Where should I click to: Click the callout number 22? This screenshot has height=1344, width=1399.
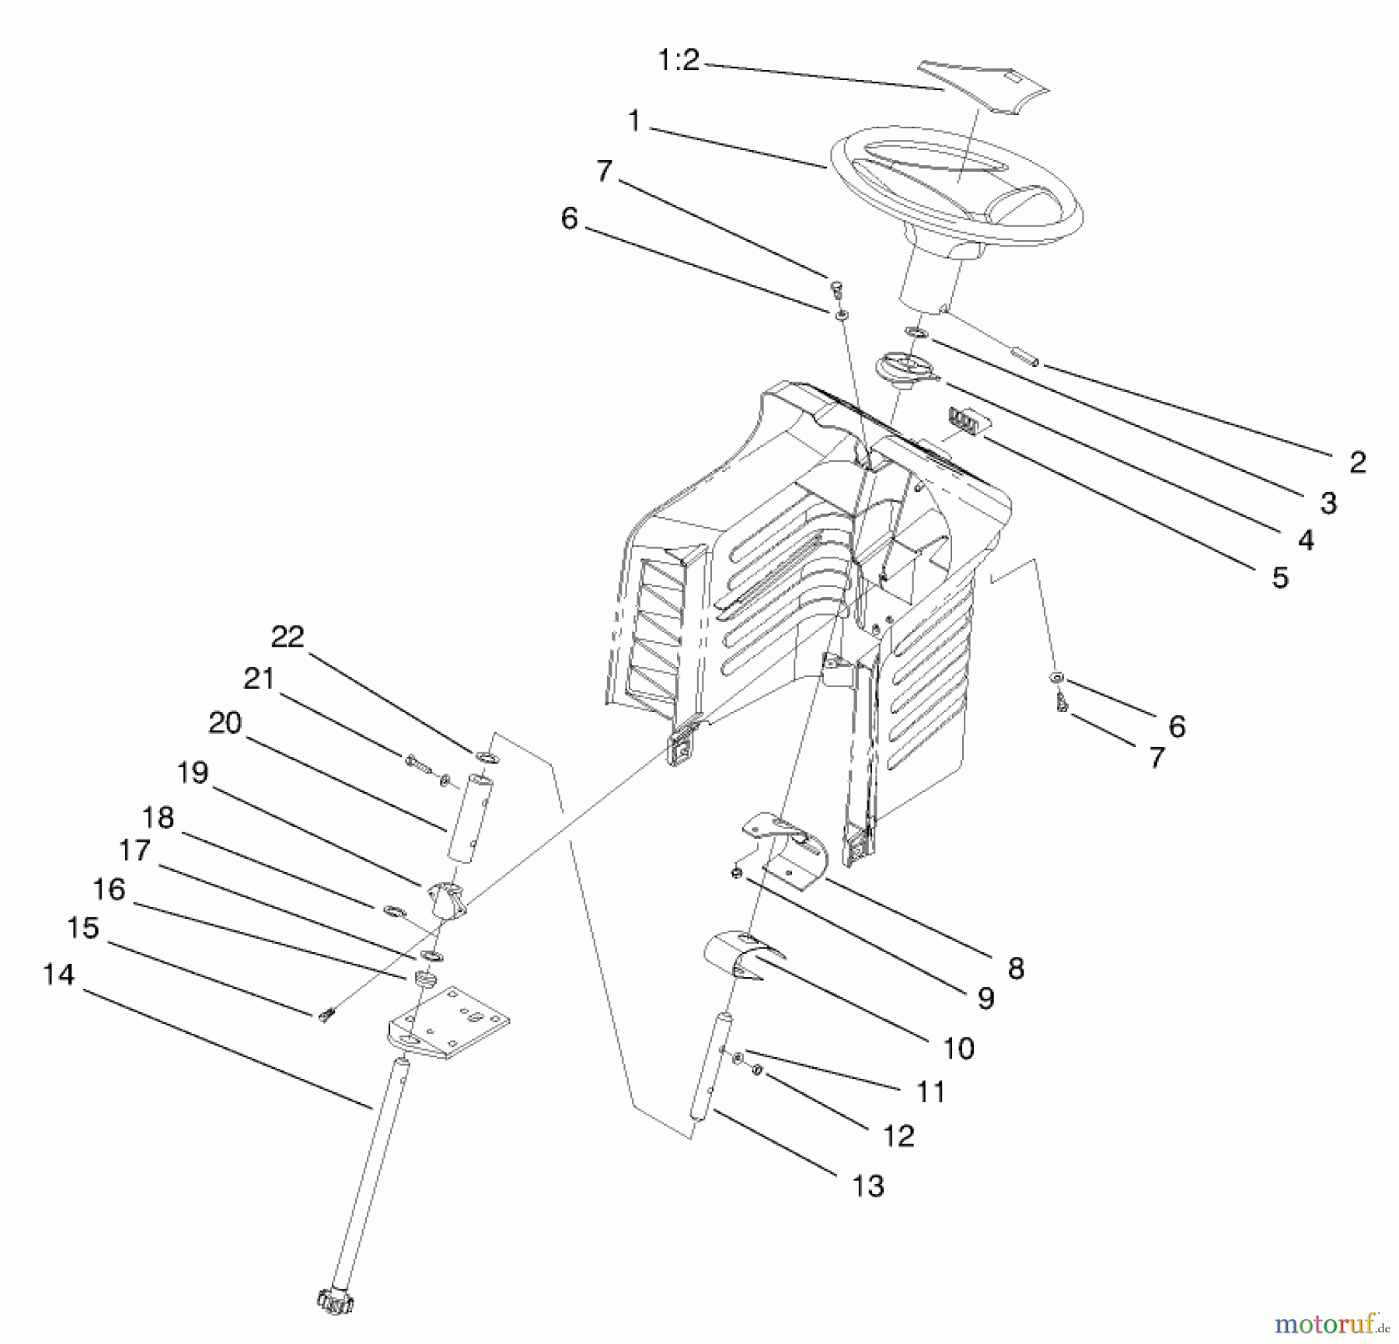287,637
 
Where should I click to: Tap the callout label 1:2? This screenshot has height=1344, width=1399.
679,60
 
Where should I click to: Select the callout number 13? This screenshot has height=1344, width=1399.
868,1186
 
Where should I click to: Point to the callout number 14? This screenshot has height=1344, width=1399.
58,975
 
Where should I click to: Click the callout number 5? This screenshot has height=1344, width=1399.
1280,578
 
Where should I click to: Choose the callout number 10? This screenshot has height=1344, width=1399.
958,1049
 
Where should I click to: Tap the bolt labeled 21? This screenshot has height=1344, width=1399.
417,764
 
